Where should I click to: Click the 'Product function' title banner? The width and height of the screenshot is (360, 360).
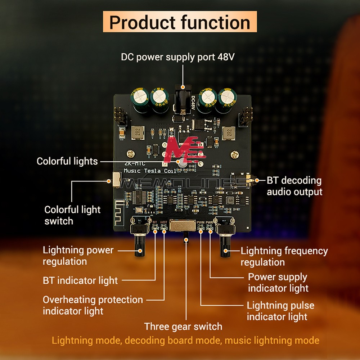click(x=180, y=22)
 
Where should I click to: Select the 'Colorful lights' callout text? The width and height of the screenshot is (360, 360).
click(x=67, y=161)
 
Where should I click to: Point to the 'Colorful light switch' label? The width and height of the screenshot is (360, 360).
click(x=72, y=215)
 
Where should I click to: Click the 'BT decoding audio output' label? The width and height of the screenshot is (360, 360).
click(x=294, y=186)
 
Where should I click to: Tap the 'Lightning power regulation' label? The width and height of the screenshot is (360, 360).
click(x=78, y=255)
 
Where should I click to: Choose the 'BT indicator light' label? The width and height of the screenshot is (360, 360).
click(x=80, y=280)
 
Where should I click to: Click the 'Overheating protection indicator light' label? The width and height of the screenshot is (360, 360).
click(x=93, y=305)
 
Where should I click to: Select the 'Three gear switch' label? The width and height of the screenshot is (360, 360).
click(x=183, y=327)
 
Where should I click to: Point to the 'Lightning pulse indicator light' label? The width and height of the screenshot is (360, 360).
click(x=280, y=311)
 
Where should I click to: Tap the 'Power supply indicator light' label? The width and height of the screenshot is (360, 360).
click(x=278, y=283)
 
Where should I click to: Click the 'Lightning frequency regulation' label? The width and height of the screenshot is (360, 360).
click(x=284, y=256)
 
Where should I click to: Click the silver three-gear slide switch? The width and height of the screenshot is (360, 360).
click(x=182, y=226)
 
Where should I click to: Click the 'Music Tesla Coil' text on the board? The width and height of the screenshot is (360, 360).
click(x=150, y=171)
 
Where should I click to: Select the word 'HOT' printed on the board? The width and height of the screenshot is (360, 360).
click(x=164, y=222)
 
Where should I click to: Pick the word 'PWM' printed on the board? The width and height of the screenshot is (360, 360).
click(x=201, y=222)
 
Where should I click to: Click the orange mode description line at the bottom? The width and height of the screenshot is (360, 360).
click(x=185, y=340)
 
